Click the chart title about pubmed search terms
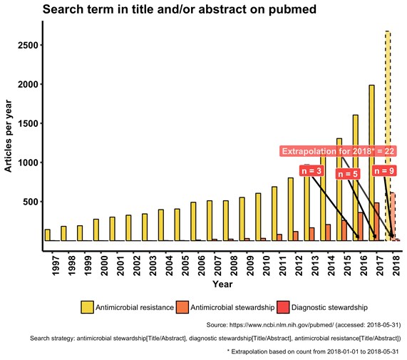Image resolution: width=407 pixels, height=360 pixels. click(x=180, y=9)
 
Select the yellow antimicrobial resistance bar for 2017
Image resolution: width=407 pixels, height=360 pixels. click(x=371, y=163)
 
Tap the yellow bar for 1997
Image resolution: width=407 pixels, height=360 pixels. click(x=48, y=235)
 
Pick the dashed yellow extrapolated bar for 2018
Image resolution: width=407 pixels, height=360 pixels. click(x=388, y=135)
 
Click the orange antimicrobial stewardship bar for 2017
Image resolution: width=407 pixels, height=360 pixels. click(x=376, y=222)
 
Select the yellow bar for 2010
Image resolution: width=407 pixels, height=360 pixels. click(x=258, y=217)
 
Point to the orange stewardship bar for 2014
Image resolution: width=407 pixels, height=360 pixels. click(x=328, y=232)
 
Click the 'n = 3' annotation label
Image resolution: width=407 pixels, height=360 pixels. click(x=311, y=171)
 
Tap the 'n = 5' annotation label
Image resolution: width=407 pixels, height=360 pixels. click(x=348, y=174)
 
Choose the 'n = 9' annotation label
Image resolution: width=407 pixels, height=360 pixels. click(x=384, y=171)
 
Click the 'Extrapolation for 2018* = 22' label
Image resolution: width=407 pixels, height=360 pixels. click(x=338, y=151)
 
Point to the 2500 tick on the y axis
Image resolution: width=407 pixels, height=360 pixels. click(x=28, y=45)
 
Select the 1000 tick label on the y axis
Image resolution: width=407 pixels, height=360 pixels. click(x=28, y=163)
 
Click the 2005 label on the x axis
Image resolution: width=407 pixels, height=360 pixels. click(x=185, y=265)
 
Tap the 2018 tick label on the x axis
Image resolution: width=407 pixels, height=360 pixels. click(x=396, y=265)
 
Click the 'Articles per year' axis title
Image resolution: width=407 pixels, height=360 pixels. click(x=8, y=136)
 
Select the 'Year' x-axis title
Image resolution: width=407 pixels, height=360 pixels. click(x=222, y=284)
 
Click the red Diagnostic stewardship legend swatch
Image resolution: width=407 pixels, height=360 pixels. click(x=283, y=307)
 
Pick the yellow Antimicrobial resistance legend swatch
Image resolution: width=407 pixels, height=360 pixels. click(x=87, y=307)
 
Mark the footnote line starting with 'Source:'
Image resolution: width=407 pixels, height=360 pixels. click(x=304, y=325)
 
